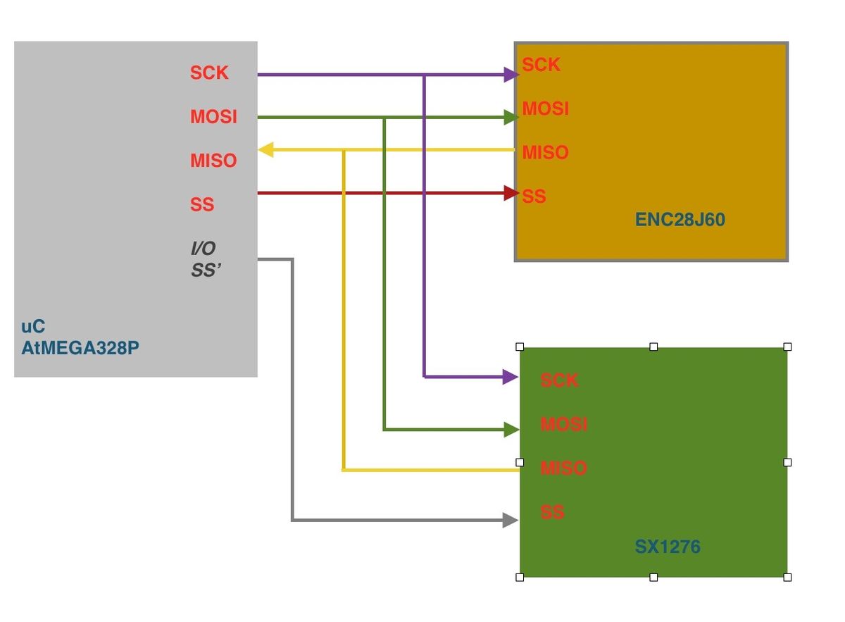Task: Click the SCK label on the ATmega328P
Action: click(x=209, y=73)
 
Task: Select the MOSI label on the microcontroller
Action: click(x=213, y=117)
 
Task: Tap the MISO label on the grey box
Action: click(x=213, y=161)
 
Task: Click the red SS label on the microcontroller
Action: click(x=202, y=204)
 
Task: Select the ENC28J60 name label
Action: click(x=680, y=220)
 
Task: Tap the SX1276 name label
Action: click(x=668, y=547)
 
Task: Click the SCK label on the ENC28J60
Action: click(x=541, y=65)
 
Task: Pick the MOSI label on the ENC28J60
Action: click(x=545, y=109)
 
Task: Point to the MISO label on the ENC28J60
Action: click(x=545, y=153)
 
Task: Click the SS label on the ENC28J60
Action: click(x=534, y=197)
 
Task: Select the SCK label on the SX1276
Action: click(x=559, y=380)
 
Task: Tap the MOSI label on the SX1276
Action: click(x=563, y=425)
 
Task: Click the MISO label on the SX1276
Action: click(x=563, y=468)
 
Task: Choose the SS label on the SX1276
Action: click(x=552, y=512)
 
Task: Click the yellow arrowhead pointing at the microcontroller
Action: click(x=266, y=149)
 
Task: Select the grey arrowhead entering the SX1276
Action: click(x=511, y=521)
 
